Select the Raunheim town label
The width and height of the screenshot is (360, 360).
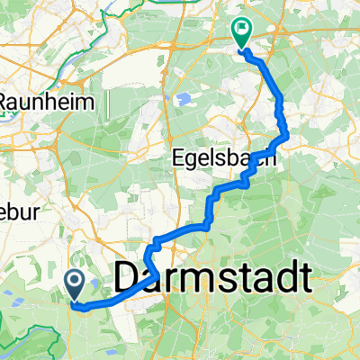(x=47, y=103)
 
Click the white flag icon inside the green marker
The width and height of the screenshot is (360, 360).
(x=242, y=30)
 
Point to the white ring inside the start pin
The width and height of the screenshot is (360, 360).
(x=76, y=283)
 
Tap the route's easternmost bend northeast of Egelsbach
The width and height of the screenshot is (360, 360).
(x=287, y=135)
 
